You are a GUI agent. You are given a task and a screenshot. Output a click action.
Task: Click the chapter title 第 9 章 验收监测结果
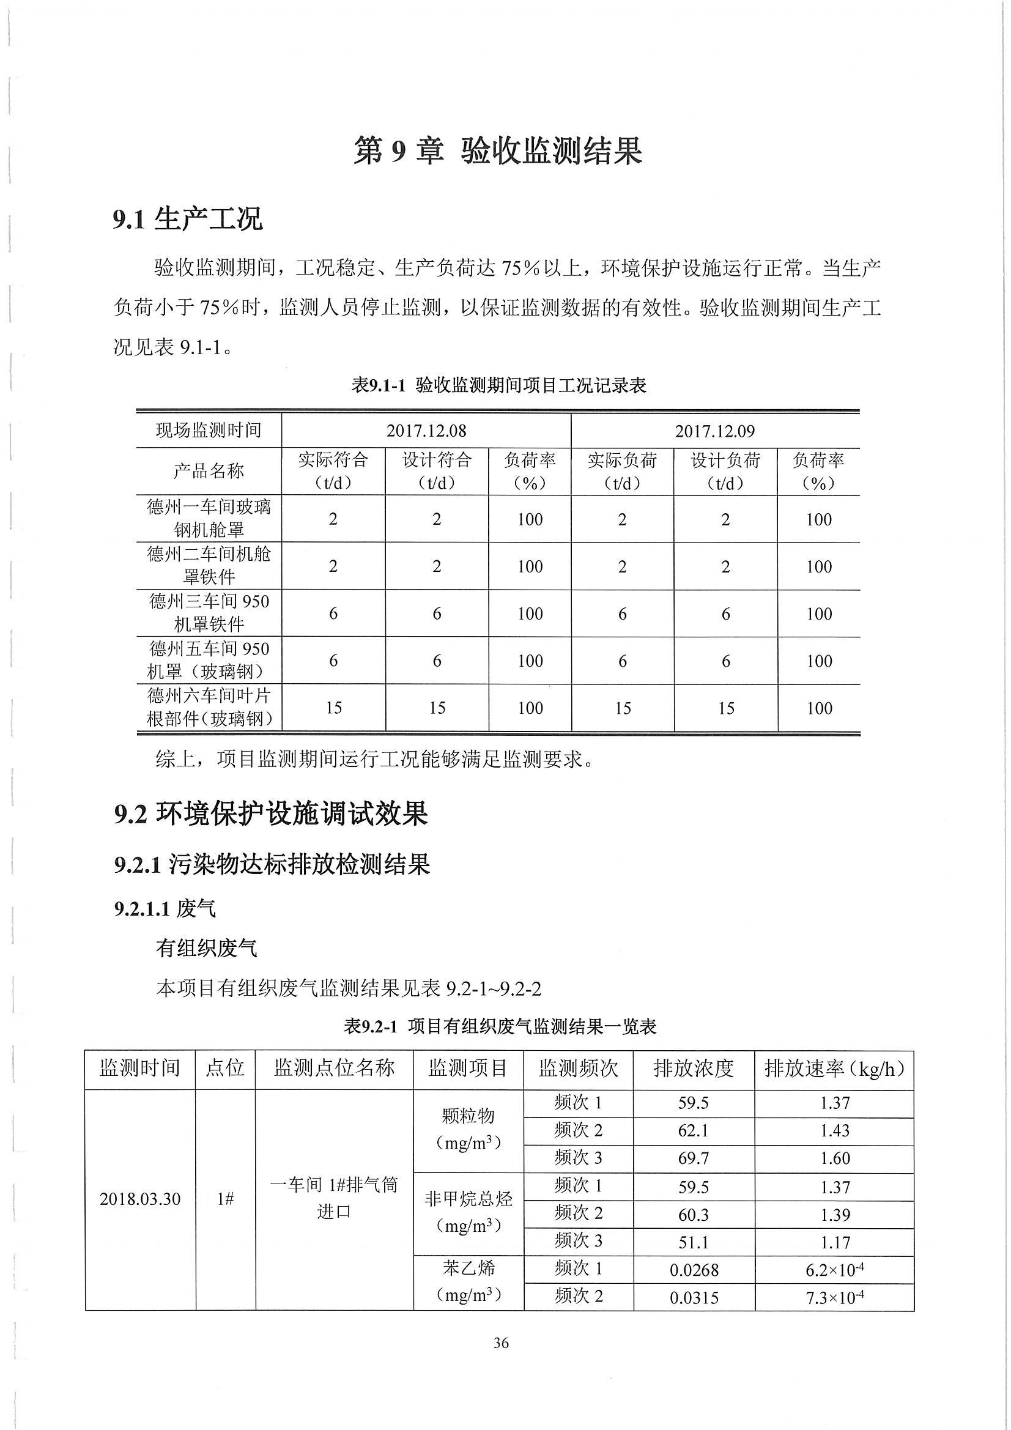tap(498, 150)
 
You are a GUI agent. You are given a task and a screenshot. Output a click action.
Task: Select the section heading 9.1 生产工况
tap(188, 219)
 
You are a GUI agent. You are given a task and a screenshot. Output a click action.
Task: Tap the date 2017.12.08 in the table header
tap(426, 431)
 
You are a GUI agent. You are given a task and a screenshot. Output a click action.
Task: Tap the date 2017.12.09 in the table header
tap(714, 431)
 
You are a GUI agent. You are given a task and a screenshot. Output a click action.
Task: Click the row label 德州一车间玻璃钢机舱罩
tap(209, 518)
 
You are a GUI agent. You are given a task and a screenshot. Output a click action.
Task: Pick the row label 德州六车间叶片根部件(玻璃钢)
tap(209, 708)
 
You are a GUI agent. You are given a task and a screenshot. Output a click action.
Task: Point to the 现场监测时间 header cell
tap(209, 431)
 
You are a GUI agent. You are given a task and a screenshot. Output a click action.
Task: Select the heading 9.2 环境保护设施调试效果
tap(271, 814)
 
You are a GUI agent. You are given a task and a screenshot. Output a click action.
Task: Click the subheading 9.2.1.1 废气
tap(165, 909)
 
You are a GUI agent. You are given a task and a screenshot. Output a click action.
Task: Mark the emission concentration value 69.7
tap(694, 1158)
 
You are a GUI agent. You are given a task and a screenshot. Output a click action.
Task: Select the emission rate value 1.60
tap(834, 1158)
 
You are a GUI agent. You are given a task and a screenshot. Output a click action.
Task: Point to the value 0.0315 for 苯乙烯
tap(694, 1298)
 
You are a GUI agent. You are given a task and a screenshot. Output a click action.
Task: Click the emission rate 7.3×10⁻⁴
tap(834, 1297)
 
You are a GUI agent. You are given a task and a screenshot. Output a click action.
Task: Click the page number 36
tap(501, 1343)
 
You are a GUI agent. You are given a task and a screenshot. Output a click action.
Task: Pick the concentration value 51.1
tap(694, 1242)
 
